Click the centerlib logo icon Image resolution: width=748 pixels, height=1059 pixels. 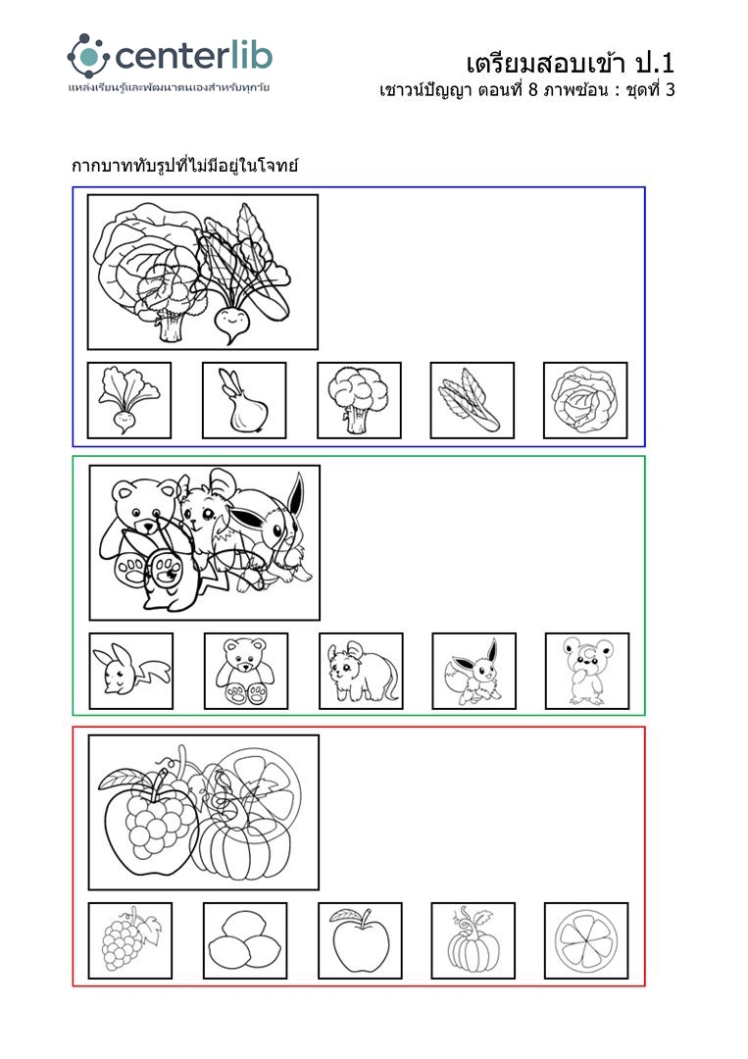tap(88, 56)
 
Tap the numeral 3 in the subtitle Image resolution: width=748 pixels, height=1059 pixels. tap(669, 90)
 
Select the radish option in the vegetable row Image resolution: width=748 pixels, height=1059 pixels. tap(129, 400)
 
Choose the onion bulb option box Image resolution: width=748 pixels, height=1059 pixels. tap(244, 400)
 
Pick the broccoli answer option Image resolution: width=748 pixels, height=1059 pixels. tap(359, 400)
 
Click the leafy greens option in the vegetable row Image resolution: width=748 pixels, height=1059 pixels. tap(473, 400)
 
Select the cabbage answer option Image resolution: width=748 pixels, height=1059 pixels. tap(585, 400)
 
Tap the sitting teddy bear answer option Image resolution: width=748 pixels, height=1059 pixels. tap(246, 671)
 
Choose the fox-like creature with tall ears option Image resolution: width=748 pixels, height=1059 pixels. tap(474, 671)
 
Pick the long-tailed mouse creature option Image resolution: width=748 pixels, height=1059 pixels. tap(131, 671)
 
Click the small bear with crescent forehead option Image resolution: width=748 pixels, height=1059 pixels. tap(586, 671)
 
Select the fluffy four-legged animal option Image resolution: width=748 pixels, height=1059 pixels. tap(361, 671)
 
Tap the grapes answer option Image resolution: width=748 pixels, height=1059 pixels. tap(130, 940)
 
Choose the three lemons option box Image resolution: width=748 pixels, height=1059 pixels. tap(245, 940)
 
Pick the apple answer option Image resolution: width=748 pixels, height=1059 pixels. tap(360, 940)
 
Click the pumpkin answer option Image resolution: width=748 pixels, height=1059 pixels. tap(474, 940)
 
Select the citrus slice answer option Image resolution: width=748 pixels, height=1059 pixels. tap(586, 940)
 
